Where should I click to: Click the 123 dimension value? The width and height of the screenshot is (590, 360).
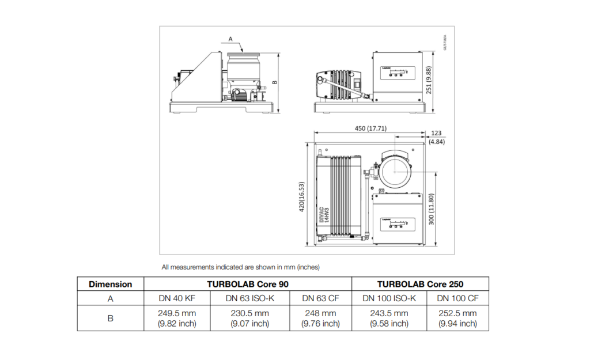tap(436, 133)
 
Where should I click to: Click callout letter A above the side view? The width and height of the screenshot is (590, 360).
tap(230, 39)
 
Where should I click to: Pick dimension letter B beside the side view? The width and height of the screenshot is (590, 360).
tap(274, 82)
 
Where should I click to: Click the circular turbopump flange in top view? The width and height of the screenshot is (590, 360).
tap(395, 172)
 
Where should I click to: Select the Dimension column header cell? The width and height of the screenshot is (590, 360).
tap(110, 284)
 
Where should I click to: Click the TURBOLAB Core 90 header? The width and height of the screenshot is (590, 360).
tap(248, 284)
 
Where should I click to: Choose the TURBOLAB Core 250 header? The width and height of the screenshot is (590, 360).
tap(420, 284)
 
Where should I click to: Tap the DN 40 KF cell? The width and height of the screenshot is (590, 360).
tap(177, 298)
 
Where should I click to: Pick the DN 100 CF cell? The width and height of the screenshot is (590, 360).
tap(457, 298)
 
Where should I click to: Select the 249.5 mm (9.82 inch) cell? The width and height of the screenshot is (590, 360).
tap(177, 318)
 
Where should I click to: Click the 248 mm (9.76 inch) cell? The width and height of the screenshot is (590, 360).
tap(320, 318)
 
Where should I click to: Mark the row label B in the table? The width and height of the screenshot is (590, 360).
tap(110, 318)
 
